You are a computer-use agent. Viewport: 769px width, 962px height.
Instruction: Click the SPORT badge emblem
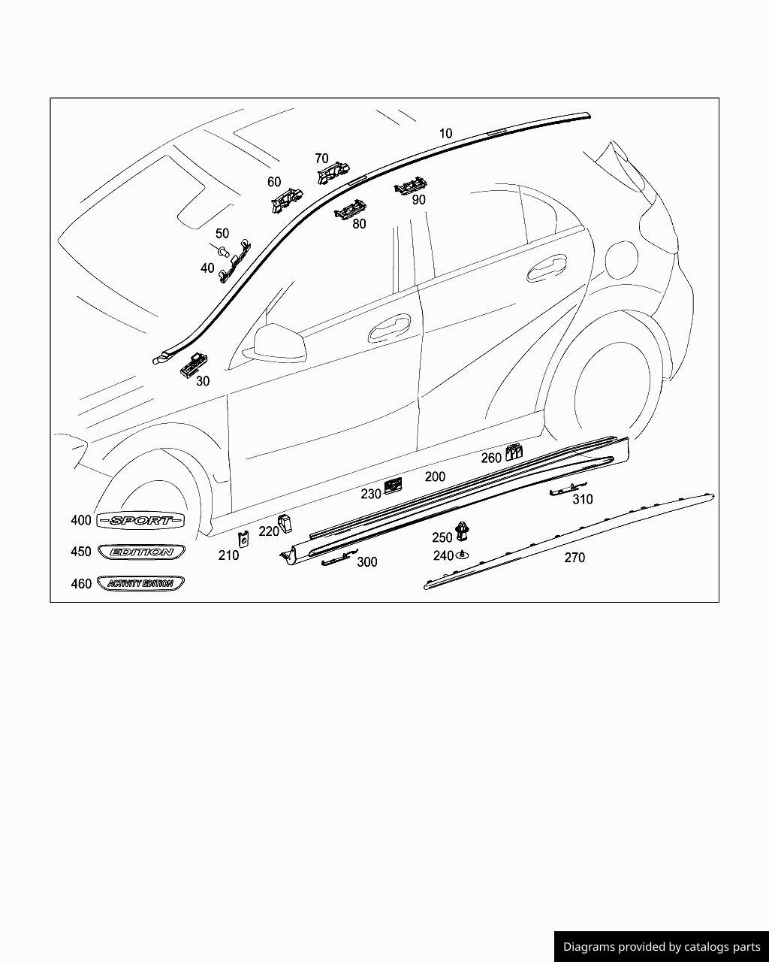pos(140,520)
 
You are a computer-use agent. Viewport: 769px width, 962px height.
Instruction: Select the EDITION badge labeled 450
pos(141,552)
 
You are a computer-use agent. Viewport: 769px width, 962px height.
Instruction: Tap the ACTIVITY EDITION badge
pos(140,583)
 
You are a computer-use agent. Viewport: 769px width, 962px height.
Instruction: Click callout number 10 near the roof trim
pos(445,134)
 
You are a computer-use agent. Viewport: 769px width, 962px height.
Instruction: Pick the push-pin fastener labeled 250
pos(463,532)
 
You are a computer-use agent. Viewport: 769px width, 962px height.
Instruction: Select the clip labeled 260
pos(514,452)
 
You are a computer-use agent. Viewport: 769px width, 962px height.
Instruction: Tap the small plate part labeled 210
pos(243,539)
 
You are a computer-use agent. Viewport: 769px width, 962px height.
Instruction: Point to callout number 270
pos(574,558)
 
